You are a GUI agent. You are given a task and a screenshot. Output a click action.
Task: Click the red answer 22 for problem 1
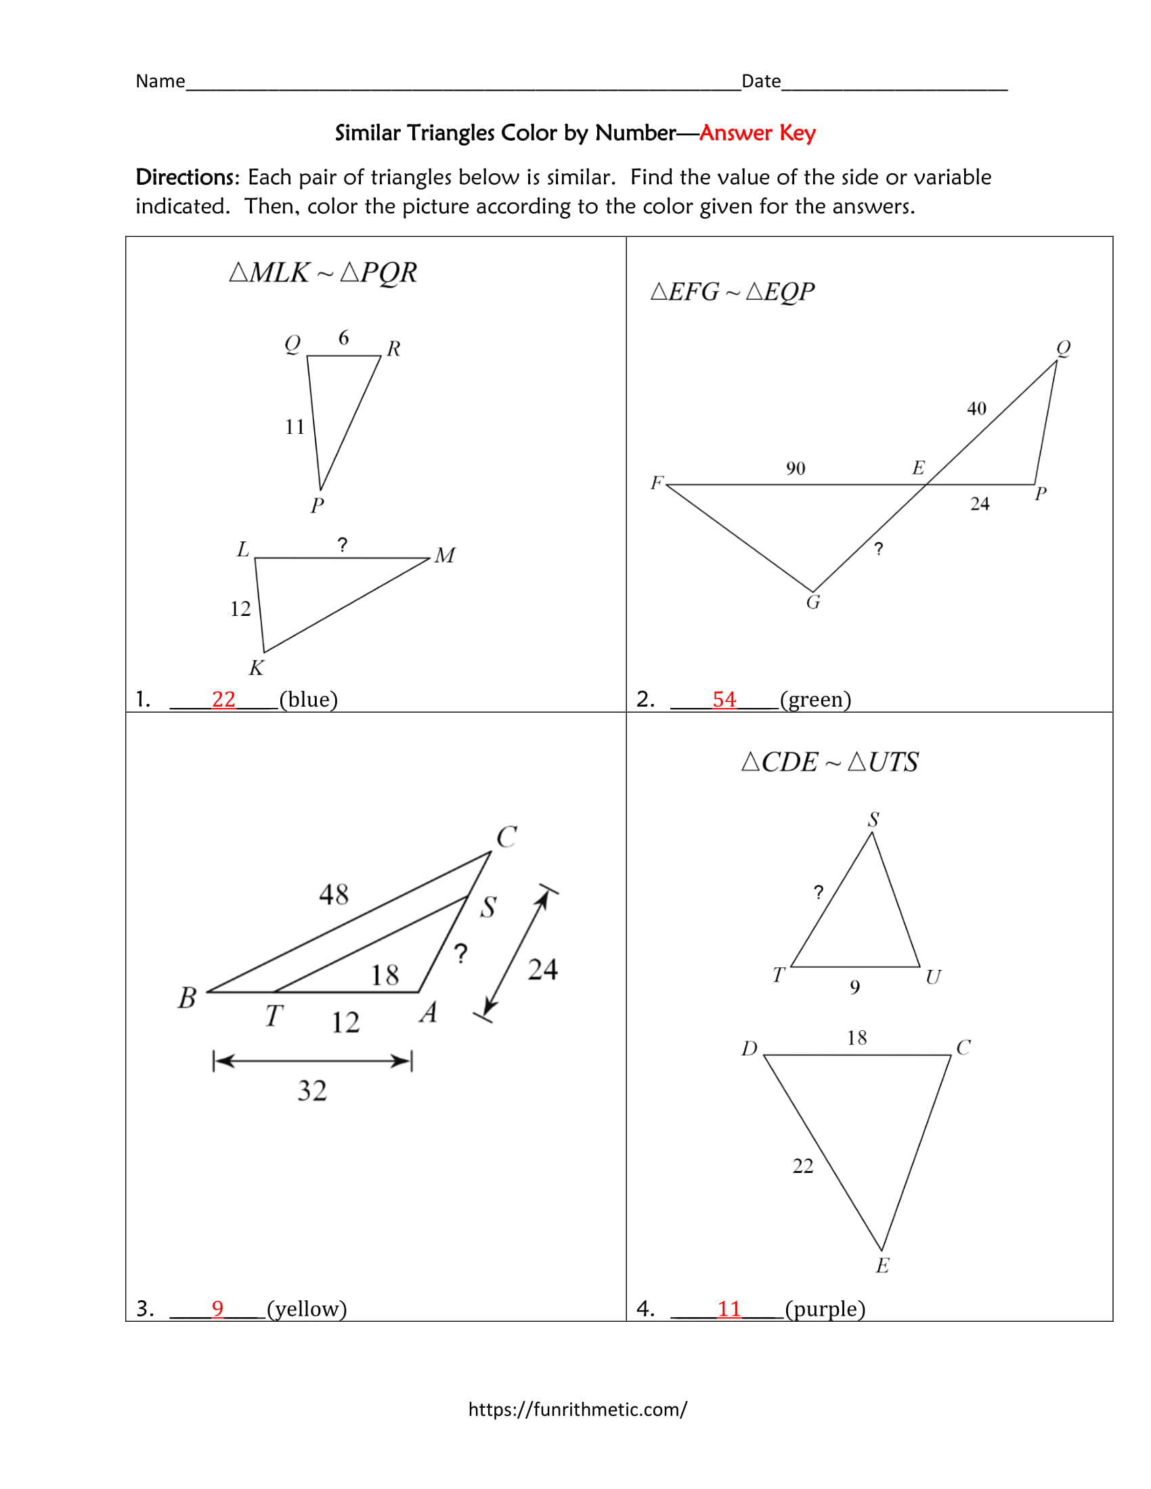pos(223,700)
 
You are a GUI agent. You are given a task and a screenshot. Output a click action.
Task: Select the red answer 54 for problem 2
pos(724,700)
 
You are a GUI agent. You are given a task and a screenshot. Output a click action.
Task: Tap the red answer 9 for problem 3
pos(217,1308)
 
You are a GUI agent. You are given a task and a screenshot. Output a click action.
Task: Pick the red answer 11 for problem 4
pos(729,1308)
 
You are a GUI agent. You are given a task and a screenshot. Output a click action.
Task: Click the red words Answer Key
pos(757,132)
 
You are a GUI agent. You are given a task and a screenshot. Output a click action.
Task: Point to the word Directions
pos(185,177)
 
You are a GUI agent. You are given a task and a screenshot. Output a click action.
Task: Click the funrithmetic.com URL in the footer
pos(578,1409)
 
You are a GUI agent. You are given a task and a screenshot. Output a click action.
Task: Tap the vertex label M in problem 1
pos(445,556)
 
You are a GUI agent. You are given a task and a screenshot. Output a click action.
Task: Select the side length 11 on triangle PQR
pos(295,428)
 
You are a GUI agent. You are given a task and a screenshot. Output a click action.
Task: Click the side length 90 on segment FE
pos(795,468)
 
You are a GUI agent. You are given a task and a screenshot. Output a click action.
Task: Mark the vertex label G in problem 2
pos(812,602)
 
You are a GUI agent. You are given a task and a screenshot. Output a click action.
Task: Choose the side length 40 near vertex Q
pos(976,408)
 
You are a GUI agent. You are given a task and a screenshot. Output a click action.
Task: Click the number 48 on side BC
pos(333,895)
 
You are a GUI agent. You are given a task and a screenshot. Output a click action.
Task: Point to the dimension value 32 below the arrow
pos(312,1091)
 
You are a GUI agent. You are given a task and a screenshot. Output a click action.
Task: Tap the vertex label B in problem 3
pos(187,998)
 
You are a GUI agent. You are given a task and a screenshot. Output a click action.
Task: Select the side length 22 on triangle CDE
pos(802,1167)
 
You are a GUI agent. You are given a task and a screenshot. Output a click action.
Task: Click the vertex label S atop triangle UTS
pos(873,820)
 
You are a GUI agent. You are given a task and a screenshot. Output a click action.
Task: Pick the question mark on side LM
pos(343,545)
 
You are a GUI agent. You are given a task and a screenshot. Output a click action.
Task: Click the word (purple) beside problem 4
pos(825,1308)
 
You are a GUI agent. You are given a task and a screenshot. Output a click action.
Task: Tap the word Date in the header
pos(761,82)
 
